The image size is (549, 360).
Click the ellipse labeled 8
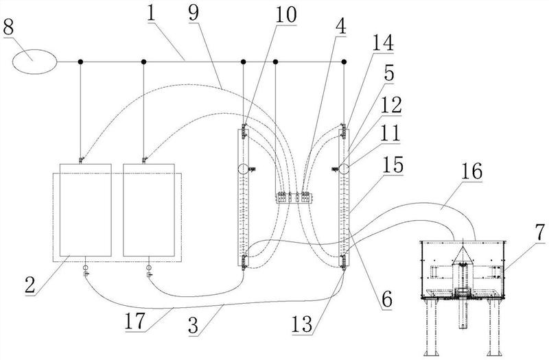[34, 62]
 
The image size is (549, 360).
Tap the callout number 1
[151, 12]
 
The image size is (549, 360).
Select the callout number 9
[194, 12]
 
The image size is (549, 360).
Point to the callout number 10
[285, 15]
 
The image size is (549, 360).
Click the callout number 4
[340, 26]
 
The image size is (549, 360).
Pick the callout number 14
[382, 43]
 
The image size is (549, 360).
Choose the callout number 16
[471, 172]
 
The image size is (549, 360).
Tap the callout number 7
[541, 232]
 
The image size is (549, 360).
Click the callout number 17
[135, 321]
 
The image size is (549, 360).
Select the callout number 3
[194, 325]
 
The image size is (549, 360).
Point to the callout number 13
[302, 324]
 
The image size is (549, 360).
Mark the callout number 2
[30, 285]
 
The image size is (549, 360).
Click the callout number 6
[386, 300]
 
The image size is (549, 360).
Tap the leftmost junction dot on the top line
[80, 62]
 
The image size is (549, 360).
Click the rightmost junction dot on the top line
[344, 62]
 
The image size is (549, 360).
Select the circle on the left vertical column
[243, 169]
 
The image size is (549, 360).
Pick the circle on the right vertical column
[344, 169]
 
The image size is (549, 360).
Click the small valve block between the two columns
[294, 197]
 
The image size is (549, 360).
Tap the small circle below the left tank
[85, 267]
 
